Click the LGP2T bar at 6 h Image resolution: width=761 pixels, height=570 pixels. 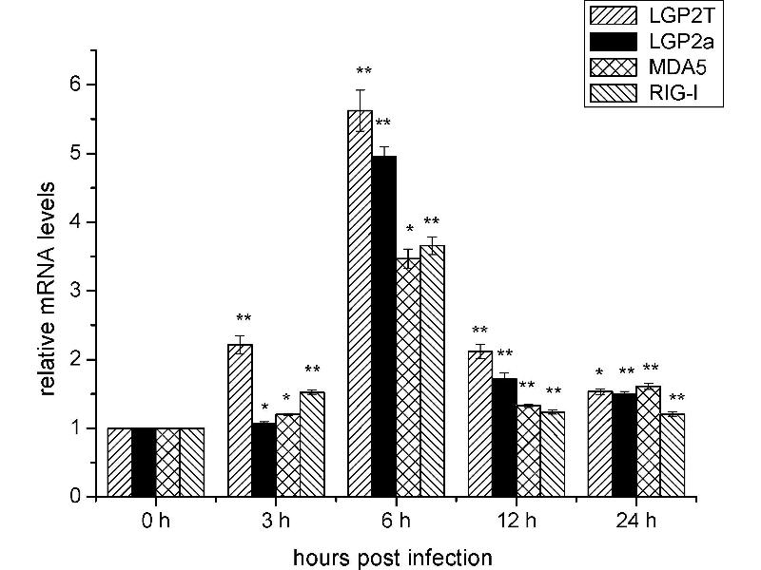click(360, 304)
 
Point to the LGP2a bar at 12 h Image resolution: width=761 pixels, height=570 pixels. click(504, 437)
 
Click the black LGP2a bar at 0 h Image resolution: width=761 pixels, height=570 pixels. click(144, 463)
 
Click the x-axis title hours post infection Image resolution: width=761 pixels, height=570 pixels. click(392, 555)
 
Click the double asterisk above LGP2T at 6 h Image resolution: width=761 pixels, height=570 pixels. click(363, 70)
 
